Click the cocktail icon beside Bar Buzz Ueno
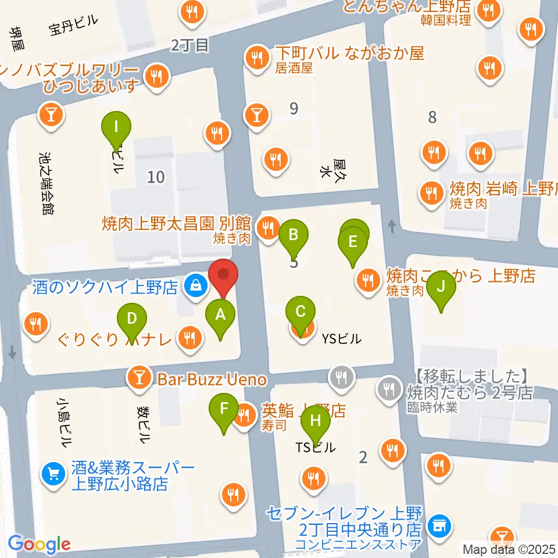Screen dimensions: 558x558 pyautogui.click(x=139, y=379)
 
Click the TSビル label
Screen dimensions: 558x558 pyautogui.click(x=316, y=448)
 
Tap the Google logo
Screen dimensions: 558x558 pyautogui.click(x=40, y=544)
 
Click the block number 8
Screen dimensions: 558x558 pyautogui.click(x=432, y=117)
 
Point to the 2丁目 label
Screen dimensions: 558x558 pyautogui.click(x=189, y=45)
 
